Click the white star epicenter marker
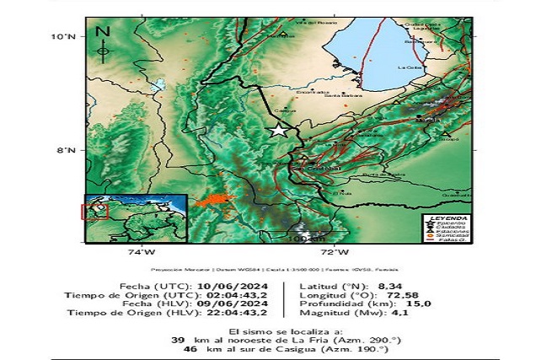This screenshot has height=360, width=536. (278, 130)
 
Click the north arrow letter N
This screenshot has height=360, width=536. (104, 32)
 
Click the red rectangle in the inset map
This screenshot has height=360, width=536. (94, 209)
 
